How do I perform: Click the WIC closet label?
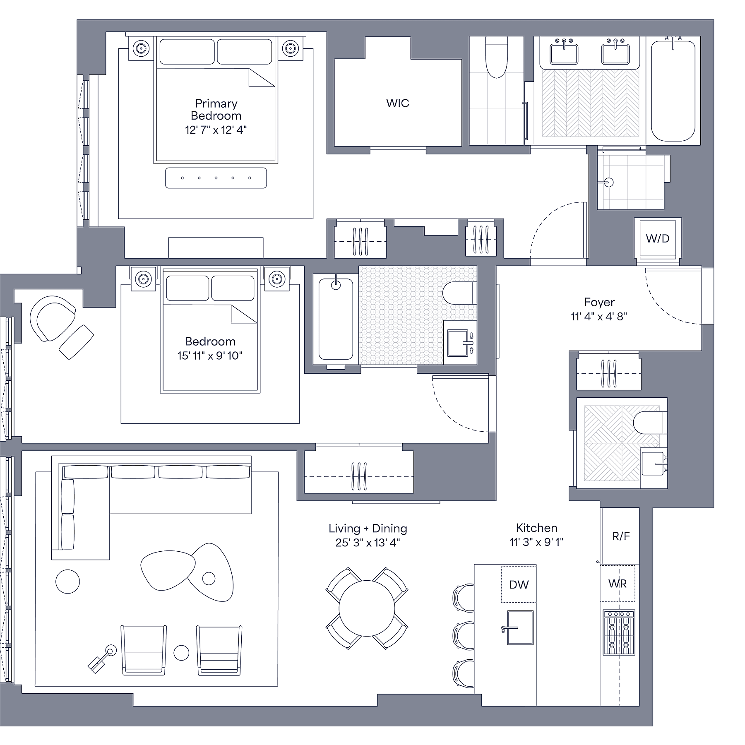click(x=397, y=103)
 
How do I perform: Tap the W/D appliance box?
click(x=657, y=238)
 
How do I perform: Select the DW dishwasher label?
click(x=519, y=584)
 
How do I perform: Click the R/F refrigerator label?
click(x=621, y=536)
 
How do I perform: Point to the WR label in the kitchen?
click(x=618, y=584)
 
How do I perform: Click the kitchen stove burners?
click(x=619, y=632)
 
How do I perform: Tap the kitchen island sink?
click(x=520, y=627)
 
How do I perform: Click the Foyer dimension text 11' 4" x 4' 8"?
click(x=599, y=317)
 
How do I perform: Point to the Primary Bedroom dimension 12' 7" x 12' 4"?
click(x=216, y=130)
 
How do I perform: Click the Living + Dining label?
click(x=368, y=529)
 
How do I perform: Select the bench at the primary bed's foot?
click(x=216, y=178)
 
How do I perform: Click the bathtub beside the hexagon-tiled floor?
click(x=336, y=319)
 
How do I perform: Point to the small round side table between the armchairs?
click(x=181, y=653)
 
